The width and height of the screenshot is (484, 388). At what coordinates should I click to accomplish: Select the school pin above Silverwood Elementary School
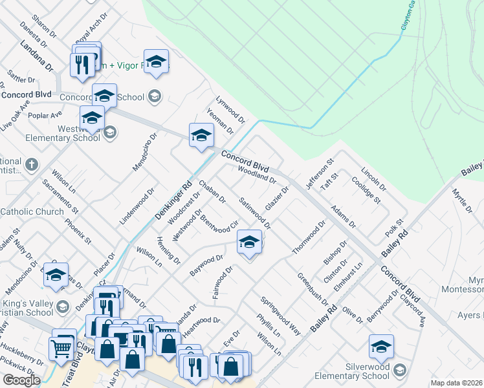[381, 347]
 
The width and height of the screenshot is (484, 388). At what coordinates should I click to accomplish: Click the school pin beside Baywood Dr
[248, 242]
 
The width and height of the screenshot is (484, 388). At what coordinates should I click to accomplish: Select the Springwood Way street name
[281, 316]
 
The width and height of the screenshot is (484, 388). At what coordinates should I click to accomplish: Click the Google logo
[21, 380]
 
